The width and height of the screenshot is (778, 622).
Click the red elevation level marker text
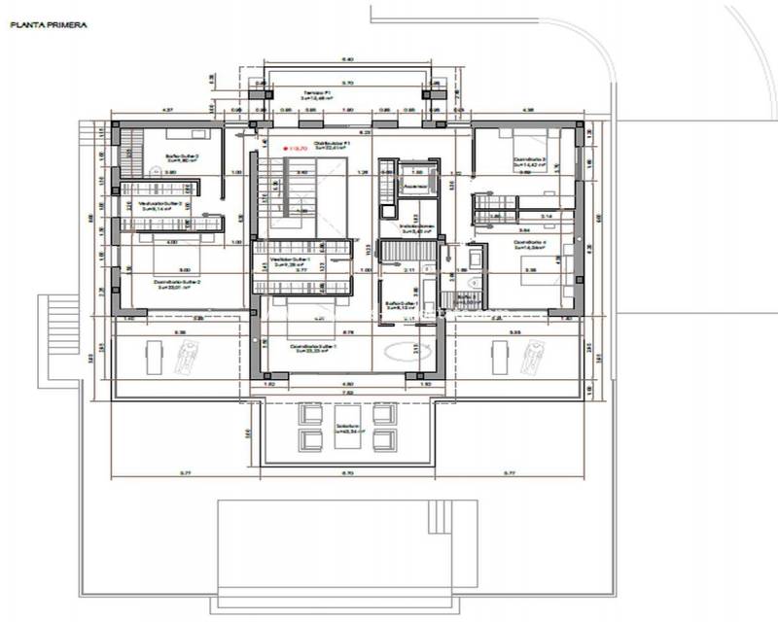pyautogui.click(x=294, y=148)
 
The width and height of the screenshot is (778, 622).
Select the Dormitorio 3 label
pyautogui.click(x=530, y=161)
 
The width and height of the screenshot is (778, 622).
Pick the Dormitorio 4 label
pyautogui.click(x=530, y=244)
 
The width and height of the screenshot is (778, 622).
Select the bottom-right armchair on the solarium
pyautogui.click(x=386, y=440)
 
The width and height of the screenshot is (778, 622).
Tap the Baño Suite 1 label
pyautogui.click(x=401, y=304)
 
